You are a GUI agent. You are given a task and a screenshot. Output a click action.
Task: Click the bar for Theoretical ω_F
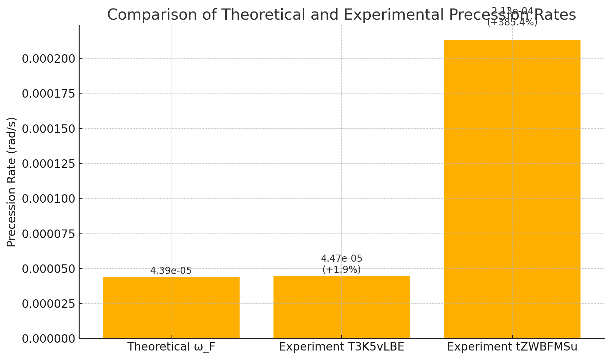click(x=171, y=307)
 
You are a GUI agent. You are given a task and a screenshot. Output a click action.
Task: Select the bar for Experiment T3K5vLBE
click(x=342, y=307)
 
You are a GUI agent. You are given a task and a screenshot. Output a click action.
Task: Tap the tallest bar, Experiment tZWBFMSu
click(x=512, y=189)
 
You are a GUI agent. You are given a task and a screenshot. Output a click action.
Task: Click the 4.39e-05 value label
click(x=171, y=271)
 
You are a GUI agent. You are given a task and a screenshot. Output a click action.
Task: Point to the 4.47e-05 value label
click(x=342, y=259)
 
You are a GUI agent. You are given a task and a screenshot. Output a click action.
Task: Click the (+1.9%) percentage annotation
click(x=342, y=270)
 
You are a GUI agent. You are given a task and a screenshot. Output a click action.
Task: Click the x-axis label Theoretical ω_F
click(x=171, y=347)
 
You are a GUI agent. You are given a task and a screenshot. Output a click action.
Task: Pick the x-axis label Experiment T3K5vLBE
click(x=342, y=347)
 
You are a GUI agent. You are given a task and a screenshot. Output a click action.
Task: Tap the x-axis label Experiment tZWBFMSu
click(x=512, y=347)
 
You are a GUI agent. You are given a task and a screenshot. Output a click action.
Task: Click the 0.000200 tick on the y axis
click(x=48, y=59)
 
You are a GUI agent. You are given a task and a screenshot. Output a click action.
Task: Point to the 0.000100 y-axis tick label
click(x=48, y=199)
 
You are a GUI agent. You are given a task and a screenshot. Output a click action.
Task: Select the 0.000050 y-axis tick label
click(x=48, y=269)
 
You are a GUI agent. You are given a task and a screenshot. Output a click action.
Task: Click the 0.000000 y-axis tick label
click(x=48, y=339)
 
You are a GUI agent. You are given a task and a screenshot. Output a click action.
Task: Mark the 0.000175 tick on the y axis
click(x=48, y=94)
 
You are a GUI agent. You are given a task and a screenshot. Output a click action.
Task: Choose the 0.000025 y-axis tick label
click(x=48, y=304)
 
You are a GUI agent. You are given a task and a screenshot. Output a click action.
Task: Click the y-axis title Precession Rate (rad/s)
click(x=12, y=182)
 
